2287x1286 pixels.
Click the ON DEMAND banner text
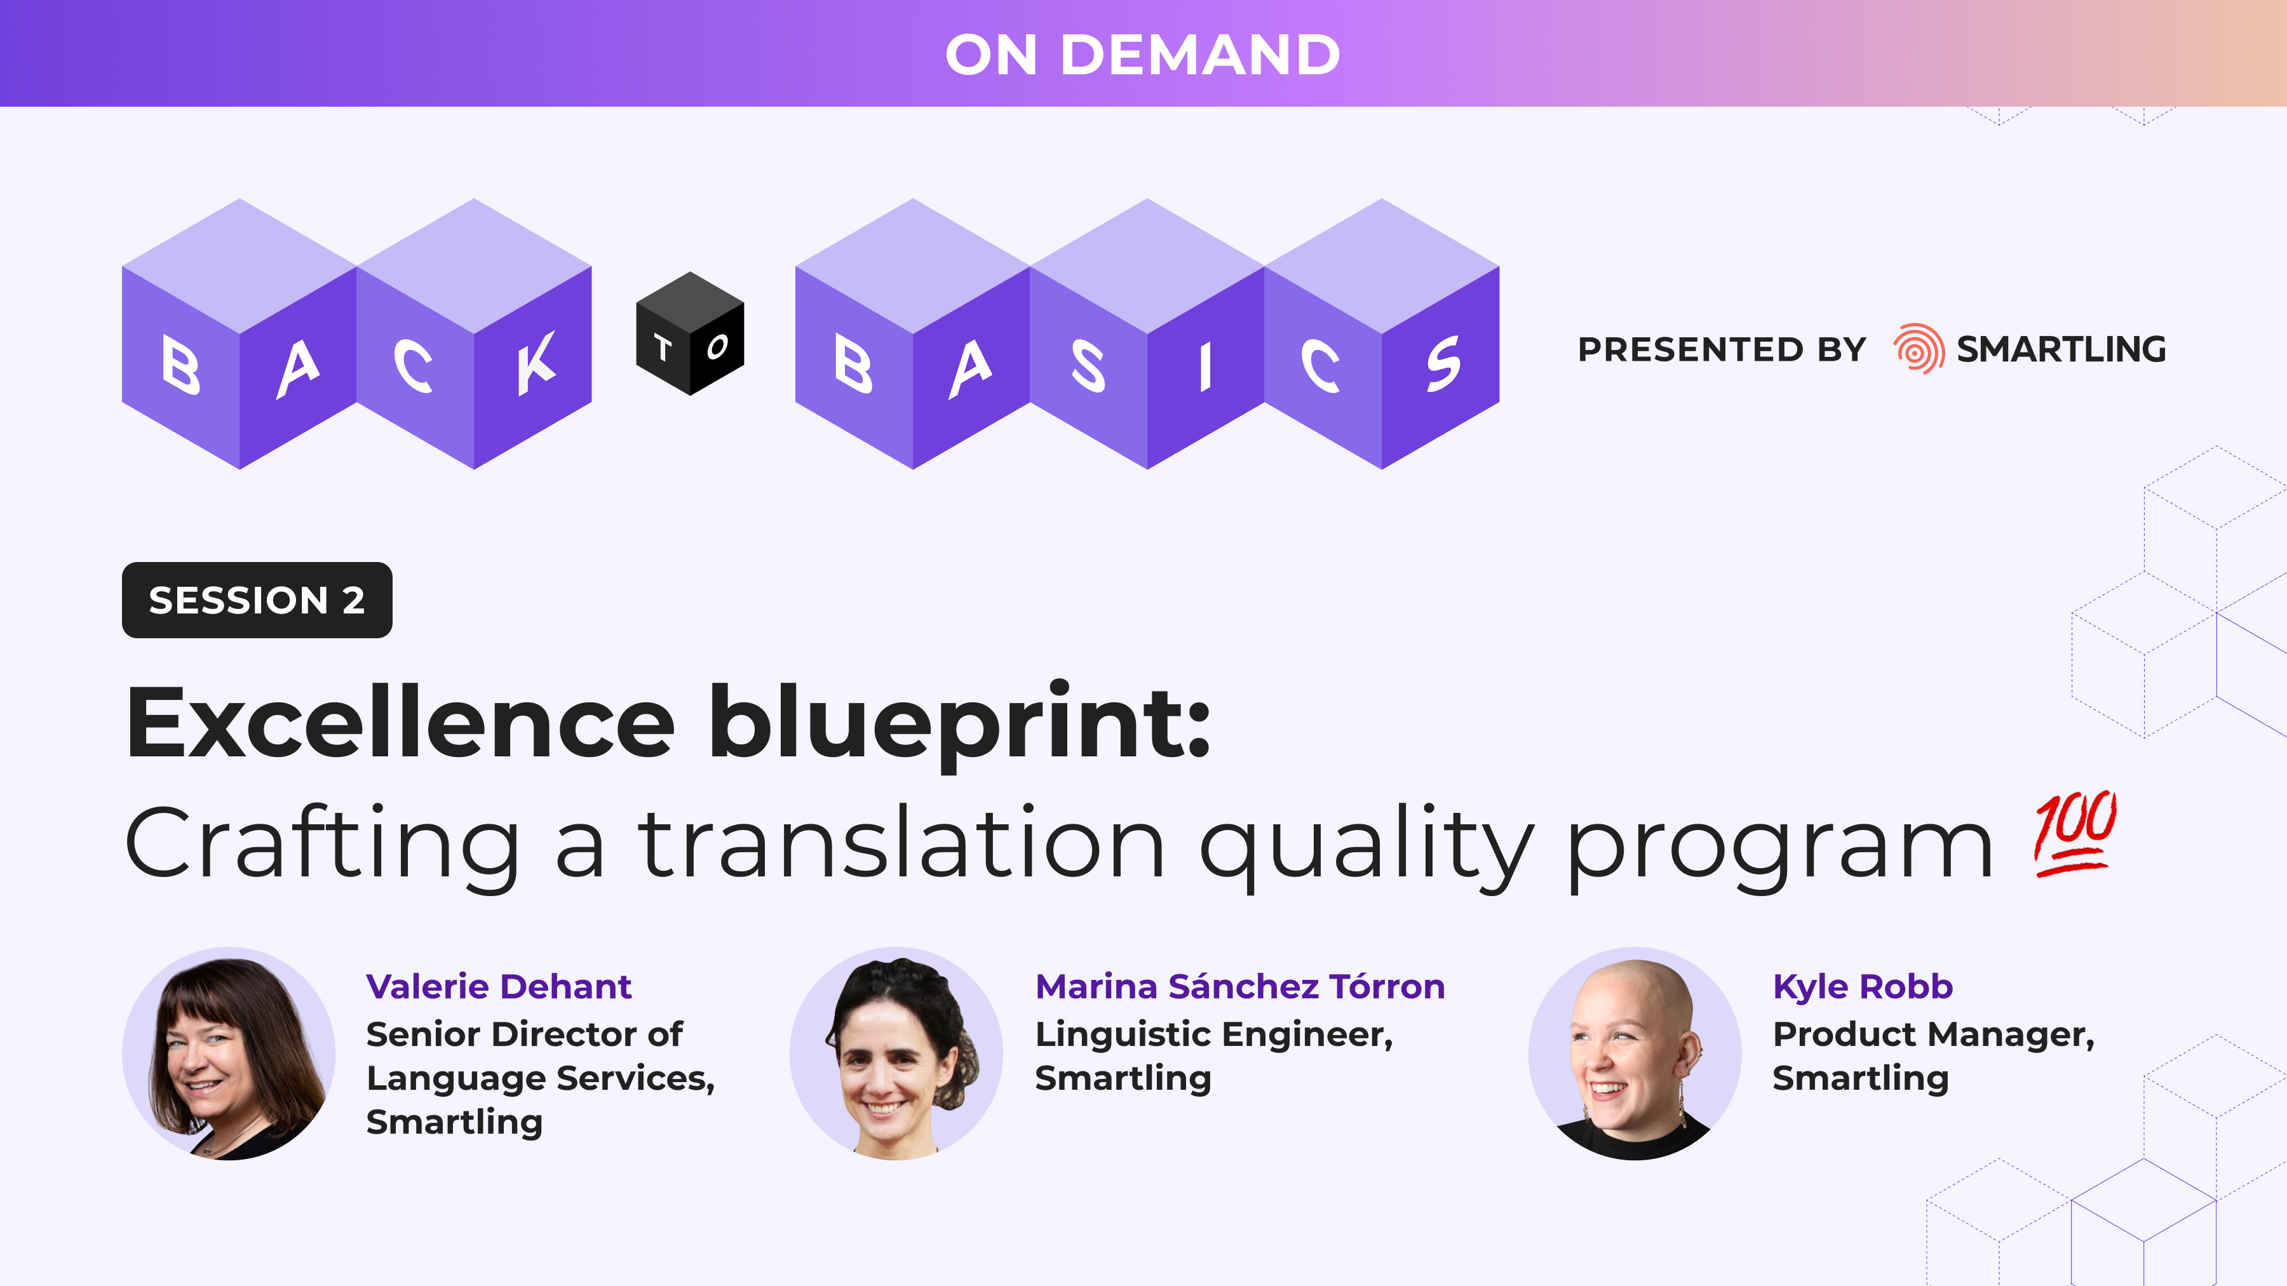tap(1143, 55)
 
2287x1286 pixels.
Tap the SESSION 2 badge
tap(257, 600)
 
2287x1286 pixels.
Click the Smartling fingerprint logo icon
tap(1919, 349)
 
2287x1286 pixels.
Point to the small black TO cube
tap(690, 335)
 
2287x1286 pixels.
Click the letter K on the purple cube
tap(536, 364)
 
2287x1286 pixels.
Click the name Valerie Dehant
tap(498, 987)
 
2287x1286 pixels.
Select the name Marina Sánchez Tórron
tap(1239, 987)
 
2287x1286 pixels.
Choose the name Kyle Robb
tap(1862, 987)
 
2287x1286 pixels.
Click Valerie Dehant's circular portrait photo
tap(229, 1054)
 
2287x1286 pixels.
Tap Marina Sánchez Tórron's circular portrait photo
tap(896, 1054)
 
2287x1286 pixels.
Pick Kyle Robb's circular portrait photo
tap(1635, 1054)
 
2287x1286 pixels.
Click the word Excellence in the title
tap(400, 723)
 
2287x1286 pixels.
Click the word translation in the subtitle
tap(900, 843)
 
